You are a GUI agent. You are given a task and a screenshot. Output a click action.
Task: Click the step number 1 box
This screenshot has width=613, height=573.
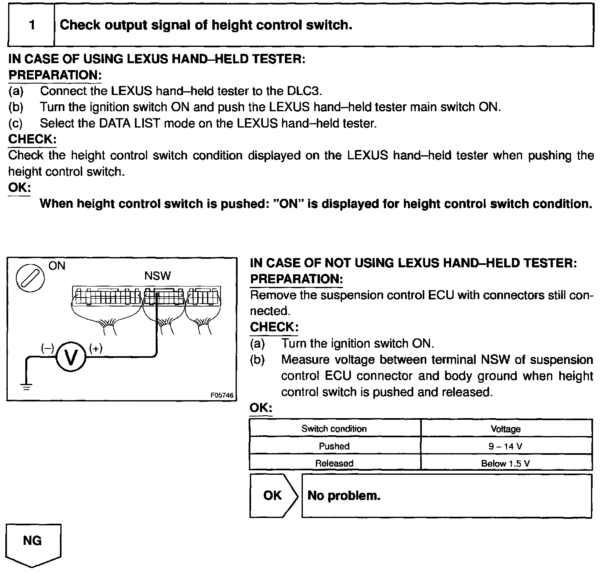tap(32, 25)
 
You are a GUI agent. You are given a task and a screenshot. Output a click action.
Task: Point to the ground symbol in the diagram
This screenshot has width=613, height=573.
tap(26, 386)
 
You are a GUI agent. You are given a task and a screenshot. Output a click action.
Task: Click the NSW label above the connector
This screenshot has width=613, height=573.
tap(157, 276)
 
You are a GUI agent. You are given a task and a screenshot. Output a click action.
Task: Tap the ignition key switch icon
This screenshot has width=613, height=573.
tap(29, 279)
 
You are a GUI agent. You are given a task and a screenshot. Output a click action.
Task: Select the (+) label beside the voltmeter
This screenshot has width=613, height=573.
tap(95, 348)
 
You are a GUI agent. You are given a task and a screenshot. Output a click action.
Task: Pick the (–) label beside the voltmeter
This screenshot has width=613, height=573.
tap(47, 348)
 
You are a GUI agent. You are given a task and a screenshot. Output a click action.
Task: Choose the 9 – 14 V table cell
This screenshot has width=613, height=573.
tap(506, 446)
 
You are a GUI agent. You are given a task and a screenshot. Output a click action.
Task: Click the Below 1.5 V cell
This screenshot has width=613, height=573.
tap(506, 463)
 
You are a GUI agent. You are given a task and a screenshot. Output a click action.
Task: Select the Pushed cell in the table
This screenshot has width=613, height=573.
tap(334, 446)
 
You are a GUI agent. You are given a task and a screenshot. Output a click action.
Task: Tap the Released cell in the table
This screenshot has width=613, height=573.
tap(334, 463)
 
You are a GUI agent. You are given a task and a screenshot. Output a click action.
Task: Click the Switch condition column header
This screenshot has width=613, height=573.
tap(334, 429)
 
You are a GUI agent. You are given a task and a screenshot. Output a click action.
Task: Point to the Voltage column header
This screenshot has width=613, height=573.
tap(506, 429)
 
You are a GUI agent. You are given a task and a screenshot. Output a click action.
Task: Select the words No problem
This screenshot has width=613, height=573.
tap(344, 496)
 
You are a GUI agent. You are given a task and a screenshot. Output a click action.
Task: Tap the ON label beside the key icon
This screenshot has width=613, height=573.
tap(57, 266)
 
